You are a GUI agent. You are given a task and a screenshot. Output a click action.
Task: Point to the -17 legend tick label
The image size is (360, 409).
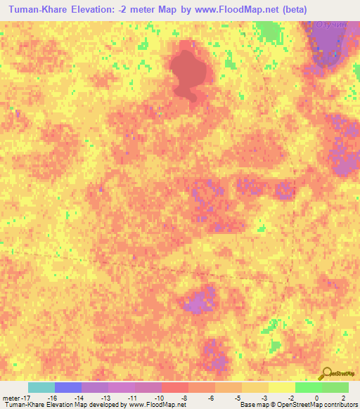click(x=22, y=397)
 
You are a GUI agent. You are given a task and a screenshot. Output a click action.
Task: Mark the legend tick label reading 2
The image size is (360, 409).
click(x=344, y=397)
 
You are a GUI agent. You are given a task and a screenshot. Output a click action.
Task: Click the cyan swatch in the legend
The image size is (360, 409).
click(x=41, y=387)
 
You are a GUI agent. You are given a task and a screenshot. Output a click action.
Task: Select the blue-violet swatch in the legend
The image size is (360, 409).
click(x=68, y=387)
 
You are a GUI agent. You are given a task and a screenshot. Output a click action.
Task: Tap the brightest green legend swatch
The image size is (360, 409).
click(x=308, y=387)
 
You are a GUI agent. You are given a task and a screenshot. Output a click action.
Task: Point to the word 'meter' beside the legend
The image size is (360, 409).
click(x=9, y=397)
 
